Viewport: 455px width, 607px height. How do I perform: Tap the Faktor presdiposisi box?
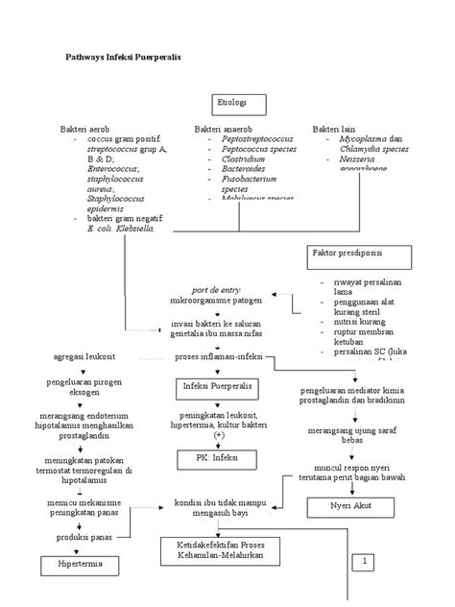tap(358, 256)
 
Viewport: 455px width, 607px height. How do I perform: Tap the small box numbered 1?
tap(365, 561)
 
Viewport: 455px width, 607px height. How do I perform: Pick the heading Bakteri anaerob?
tap(224, 129)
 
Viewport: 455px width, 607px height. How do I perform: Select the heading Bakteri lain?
tap(335, 129)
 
